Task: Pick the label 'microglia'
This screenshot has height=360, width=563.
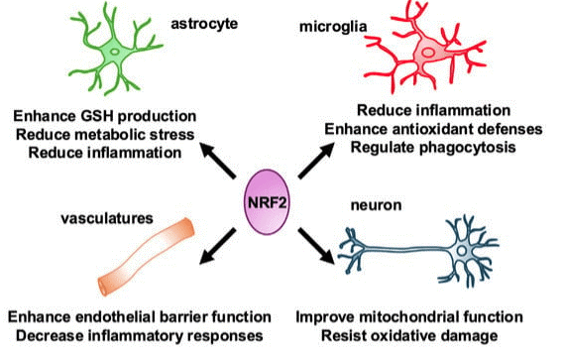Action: [x=334, y=21]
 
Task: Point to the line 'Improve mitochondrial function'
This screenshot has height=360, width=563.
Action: [x=424, y=317]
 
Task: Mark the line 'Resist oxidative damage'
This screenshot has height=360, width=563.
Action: [x=424, y=336]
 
